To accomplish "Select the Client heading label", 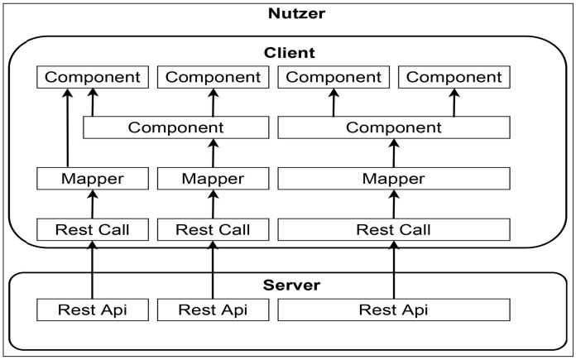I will click(x=289, y=52).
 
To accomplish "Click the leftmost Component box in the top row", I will click(x=93, y=77).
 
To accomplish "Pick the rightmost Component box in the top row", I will click(x=454, y=77).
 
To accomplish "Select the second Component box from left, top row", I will click(x=214, y=77).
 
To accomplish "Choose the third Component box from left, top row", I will click(x=334, y=77).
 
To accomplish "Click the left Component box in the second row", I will click(x=176, y=127).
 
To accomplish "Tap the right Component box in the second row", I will click(x=393, y=127).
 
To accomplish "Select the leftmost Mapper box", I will click(x=93, y=178).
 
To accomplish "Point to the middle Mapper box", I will click(x=214, y=178).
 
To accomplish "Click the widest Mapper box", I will click(x=393, y=178).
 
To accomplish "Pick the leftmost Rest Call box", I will click(x=93, y=229).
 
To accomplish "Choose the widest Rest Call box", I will click(x=393, y=229).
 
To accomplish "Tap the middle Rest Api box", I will click(x=214, y=310).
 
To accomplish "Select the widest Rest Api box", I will click(x=393, y=310).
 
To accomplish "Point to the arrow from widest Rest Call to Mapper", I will click(x=393, y=204).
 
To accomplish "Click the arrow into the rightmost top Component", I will click(x=454, y=103).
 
